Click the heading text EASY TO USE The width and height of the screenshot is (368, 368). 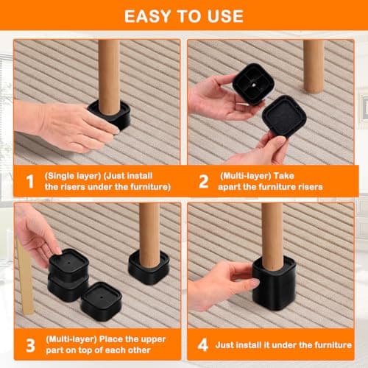pos(183,15)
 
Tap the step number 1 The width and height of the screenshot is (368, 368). pos(29,181)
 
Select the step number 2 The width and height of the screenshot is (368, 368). pos(203,181)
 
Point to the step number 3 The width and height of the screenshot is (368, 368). pos(29,344)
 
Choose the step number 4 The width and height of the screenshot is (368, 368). pos(203,344)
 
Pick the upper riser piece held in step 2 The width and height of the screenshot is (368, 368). pos(253,82)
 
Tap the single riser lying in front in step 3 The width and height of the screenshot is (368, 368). pos(101,300)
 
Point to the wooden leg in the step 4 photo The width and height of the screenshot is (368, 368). pos(272,232)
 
